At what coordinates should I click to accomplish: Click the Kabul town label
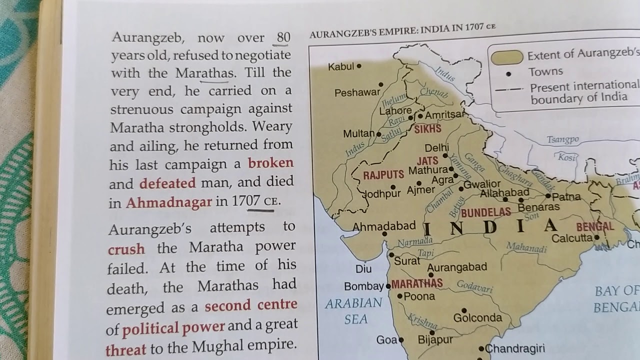click(x=341, y=66)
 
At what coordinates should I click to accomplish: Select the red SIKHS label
click(x=427, y=129)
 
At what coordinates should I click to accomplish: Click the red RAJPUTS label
click(x=383, y=175)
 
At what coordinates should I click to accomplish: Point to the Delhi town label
click(x=436, y=148)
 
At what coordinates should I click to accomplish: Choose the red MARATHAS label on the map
click(x=417, y=284)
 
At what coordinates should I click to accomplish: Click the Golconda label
click(x=477, y=318)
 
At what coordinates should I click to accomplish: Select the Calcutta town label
click(x=571, y=238)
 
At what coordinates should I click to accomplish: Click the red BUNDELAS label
click(x=485, y=212)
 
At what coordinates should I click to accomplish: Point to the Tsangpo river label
click(x=562, y=140)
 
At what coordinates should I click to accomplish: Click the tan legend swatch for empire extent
click(x=506, y=57)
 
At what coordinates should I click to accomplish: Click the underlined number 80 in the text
click(x=283, y=37)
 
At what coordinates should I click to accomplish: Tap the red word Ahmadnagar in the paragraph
click(x=169, y=203)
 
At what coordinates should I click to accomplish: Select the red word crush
click(x=126, y=248)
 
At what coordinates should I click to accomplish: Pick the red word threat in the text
click(x=126, y=349)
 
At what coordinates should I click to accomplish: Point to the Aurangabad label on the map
click(x=456, y=267)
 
